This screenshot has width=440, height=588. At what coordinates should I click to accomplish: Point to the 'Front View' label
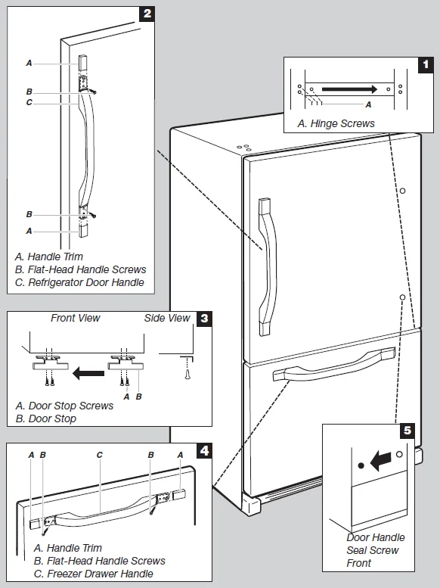pos(76,319)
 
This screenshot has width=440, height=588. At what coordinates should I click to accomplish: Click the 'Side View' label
pos(167,319)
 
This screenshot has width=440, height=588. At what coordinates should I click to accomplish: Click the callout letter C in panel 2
pos(29,102)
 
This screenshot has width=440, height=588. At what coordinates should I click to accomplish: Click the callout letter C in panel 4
pos(99,455)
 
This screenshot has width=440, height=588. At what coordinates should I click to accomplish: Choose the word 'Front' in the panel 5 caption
pos(359,563)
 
